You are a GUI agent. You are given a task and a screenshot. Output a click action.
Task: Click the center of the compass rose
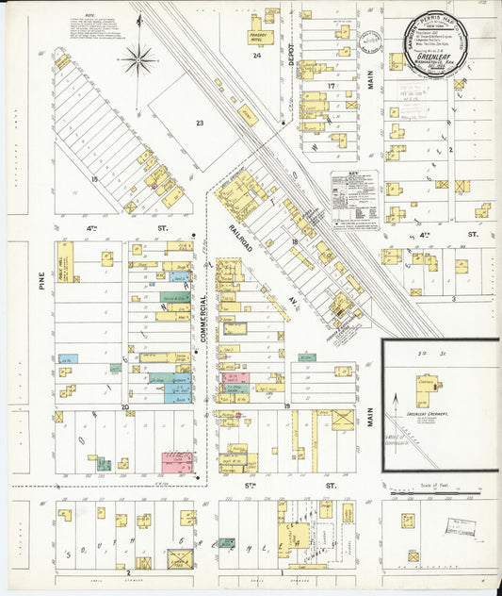[138, 60]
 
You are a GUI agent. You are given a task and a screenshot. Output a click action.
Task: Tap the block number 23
[199, 123]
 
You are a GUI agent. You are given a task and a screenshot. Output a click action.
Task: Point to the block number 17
[332, 87]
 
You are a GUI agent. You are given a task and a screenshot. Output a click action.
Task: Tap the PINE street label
[42, 282]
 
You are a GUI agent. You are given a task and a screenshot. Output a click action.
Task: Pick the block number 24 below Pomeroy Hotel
[256, 56]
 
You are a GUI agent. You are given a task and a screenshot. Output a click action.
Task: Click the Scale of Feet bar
[434, 492]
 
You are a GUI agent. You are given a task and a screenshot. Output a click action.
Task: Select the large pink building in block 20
[177, 462]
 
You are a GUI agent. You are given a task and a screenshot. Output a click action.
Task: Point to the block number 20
[124, 407]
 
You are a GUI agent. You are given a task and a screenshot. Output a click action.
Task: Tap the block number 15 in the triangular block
[94, 177]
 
